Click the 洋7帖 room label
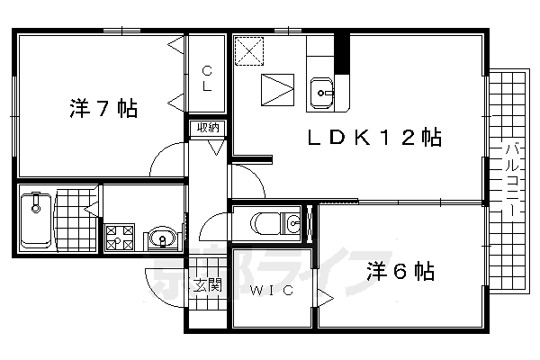point(103,110)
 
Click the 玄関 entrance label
point(208,287)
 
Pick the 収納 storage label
point(209,127)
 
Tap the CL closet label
point(207,78)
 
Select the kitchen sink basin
point(322,91)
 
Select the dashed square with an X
point(249,51)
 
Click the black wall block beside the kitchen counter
point(341,52)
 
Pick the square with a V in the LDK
point(276,90)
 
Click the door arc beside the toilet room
point(249,183)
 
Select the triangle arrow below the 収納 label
point(214,144)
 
